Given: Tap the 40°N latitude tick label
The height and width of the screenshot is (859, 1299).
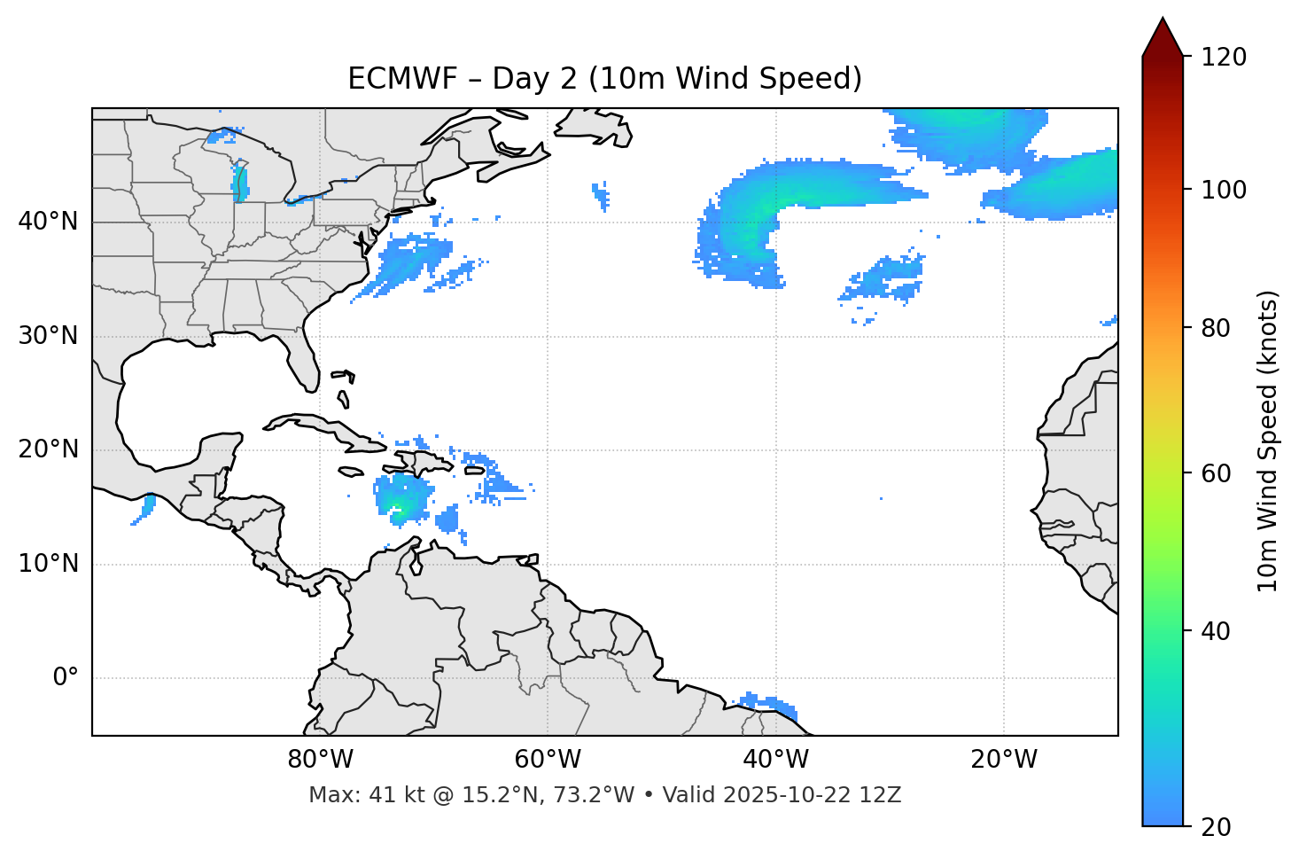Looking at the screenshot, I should pos(48,222).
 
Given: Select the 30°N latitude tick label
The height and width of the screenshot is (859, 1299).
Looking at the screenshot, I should pos(48,336).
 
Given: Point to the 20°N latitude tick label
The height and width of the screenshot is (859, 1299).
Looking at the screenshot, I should pos(48,449).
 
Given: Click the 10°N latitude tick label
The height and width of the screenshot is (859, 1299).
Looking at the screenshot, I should pos(48,564).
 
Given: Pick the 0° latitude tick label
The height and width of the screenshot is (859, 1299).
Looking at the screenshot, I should pos(66,678).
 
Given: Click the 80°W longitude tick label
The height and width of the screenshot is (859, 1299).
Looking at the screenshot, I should pos(320,760).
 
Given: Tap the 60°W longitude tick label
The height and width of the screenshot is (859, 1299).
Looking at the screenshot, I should pos(548,760).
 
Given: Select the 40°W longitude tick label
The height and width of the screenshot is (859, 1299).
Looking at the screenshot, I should pos(775,760).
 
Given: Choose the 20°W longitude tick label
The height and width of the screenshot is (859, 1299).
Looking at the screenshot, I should pos(1003,760).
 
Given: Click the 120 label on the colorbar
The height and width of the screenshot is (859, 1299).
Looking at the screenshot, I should pos(1224,58).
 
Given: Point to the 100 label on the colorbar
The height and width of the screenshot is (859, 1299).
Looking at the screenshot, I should pos(1224,190).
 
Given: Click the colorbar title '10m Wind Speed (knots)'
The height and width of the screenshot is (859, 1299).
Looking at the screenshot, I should pos(1268,441).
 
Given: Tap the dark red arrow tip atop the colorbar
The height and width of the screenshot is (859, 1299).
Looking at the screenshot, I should pos(1163,35).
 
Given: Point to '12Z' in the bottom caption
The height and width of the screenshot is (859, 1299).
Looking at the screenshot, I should pos(881,795).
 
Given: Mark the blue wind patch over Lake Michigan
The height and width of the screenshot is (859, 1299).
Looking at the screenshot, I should pos(239,183).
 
